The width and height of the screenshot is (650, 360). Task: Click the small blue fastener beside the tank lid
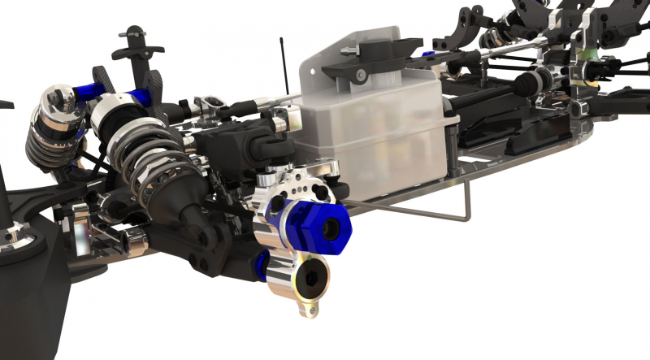428,55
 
